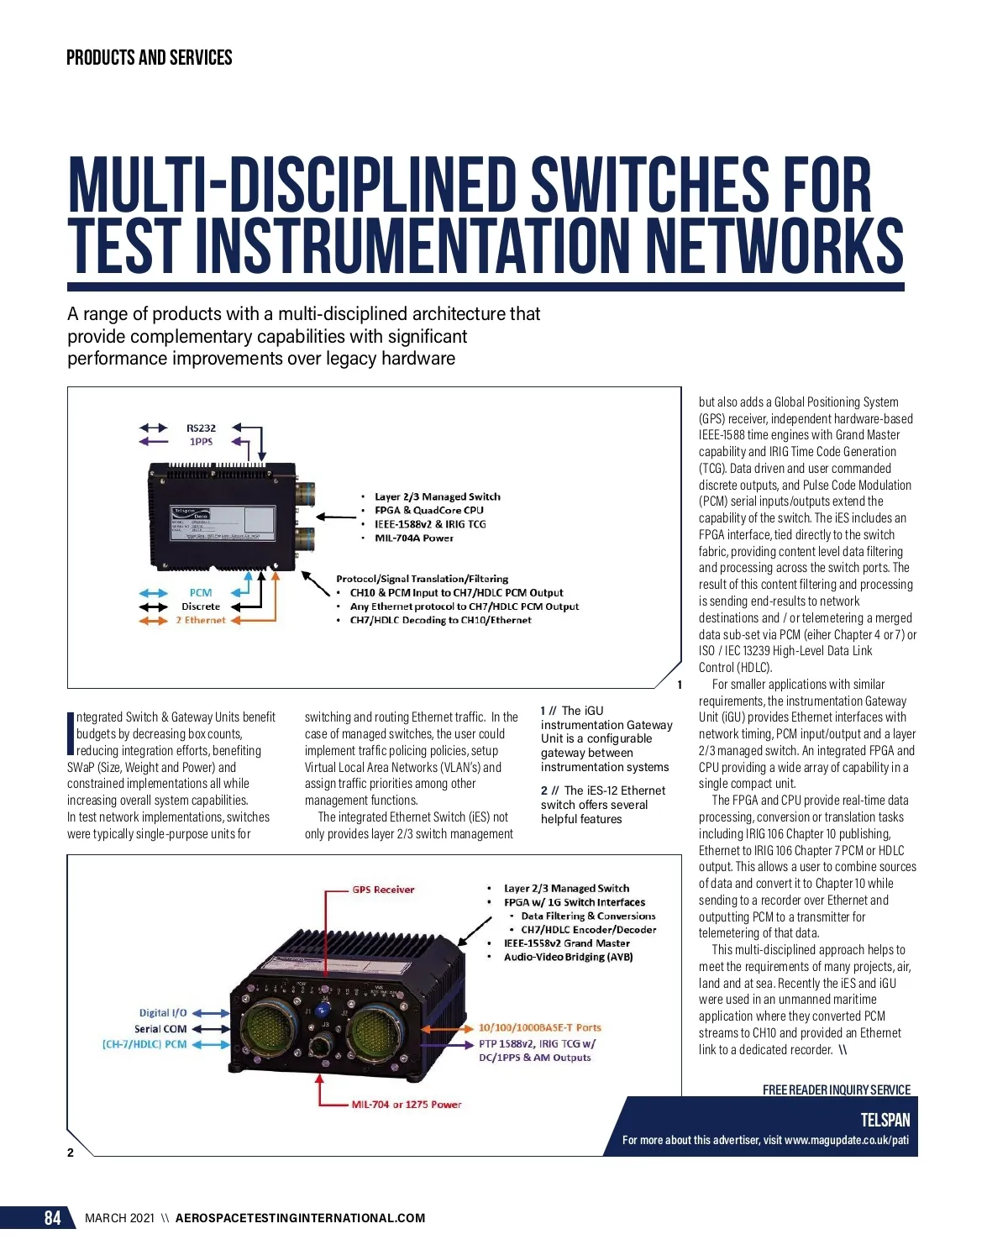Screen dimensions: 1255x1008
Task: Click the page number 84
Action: (52, 1218)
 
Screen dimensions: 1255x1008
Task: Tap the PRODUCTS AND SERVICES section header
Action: (149, 58)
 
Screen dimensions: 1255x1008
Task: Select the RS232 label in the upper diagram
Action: (201, 428)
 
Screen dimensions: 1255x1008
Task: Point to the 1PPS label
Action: (201, 442)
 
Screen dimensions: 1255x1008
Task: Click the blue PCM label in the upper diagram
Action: (201, 592)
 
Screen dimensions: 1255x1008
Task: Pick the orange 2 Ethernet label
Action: (201, 621)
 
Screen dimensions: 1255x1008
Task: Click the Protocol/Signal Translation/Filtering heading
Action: (422, 579)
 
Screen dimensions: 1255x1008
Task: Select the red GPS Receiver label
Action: (383, 890)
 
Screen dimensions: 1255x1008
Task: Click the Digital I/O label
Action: (163, 1013)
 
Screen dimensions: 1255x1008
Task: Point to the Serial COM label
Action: (160, 1029)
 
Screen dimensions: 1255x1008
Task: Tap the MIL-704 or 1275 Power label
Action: (407, 1105)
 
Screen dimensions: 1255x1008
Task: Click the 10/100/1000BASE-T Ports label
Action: (539, 1027)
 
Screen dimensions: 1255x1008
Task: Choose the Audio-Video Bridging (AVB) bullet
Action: (568, 957)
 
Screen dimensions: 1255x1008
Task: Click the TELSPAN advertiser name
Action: (885, 1120)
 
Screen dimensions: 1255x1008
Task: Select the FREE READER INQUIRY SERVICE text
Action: (836, 1090)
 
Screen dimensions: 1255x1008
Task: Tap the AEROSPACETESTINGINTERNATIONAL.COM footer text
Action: (300, 1218)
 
